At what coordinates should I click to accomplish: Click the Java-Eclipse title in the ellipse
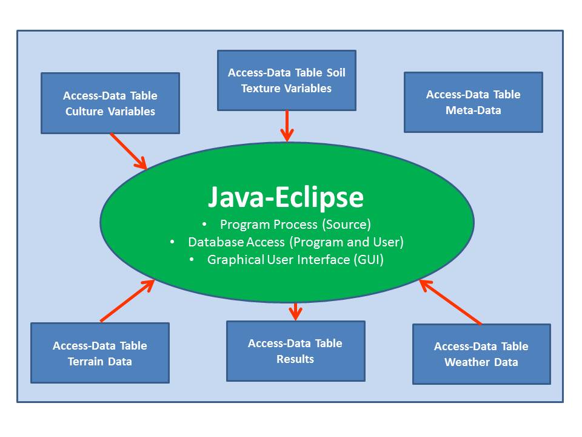pos(286,197)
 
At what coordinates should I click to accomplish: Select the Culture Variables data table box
pos(110,103)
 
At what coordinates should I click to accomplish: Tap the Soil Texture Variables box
pos(287,80)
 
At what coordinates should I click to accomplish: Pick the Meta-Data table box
pos(473,102)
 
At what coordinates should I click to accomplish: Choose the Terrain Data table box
pos(100,353)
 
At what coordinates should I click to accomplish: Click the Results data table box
pos(295,351)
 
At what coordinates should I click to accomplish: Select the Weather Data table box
pos(481,354)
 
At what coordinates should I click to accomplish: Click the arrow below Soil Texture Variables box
pos(287,126)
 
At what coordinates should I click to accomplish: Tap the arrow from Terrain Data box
pos(127,300)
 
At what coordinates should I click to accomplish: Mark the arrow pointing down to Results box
pos(295,311)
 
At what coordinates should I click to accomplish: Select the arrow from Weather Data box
pos(450,302)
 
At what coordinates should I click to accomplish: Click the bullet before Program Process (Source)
pos(204,224)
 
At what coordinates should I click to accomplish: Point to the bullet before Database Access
pos(172,242)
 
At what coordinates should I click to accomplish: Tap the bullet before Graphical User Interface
pos(192,259)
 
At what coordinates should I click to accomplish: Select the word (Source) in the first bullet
pos(347,225)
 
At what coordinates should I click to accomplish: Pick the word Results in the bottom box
pos(295,359)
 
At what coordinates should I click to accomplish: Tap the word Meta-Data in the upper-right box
pos(473,110)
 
